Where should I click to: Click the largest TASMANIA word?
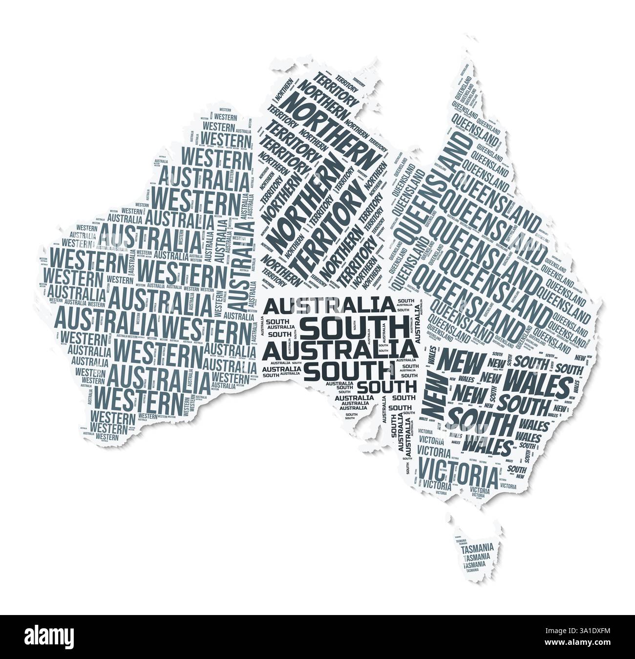(477, 548)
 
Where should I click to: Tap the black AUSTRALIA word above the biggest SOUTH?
(329, 306)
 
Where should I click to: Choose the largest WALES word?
(536, 384)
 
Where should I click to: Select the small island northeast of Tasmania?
(499, 528)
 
